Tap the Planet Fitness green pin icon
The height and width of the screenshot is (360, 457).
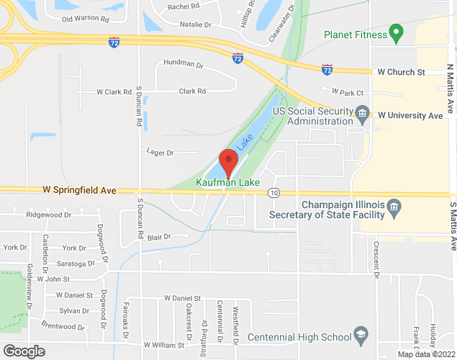click(394, 32)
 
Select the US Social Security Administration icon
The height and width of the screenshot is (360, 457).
click(363, 113)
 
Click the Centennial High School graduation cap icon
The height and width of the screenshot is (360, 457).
click(360, 336)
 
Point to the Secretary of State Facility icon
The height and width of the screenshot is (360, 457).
click(394, 209)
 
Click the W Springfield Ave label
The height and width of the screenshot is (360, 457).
click(79, 191)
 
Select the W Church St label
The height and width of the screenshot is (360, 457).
click(402, 73)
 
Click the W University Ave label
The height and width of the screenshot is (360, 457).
click(410, 115)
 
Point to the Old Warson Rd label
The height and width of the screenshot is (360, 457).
click(86, 19)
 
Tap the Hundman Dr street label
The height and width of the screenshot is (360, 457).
click(184, 63)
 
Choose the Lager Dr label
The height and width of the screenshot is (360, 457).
click(160, 153)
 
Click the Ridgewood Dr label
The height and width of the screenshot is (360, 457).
click(49, 215)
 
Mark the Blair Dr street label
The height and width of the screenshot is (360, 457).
click(158, 236)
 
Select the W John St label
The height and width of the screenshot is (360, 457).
click(53, 279)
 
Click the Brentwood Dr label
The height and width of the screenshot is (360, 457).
click(63, 326)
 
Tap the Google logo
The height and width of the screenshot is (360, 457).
click(23, 351)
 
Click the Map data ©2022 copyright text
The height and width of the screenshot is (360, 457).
click(426, 354)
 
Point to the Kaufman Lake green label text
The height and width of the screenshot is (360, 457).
click(229, 182)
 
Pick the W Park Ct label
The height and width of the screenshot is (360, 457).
click(347, 91)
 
